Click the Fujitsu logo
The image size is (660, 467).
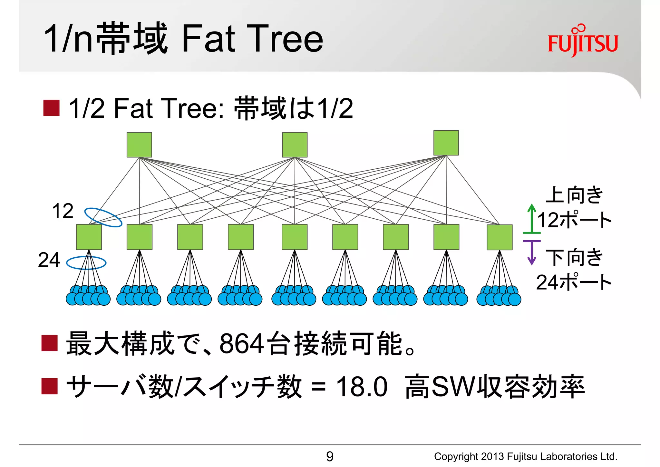coord(583,41)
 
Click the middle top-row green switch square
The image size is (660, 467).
coord(295,145)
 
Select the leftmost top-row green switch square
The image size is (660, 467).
coord(139,145)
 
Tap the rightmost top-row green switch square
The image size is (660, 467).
coord(446,143)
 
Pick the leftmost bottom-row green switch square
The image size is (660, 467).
coord(89,237)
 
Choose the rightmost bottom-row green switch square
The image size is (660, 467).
coord(500,237)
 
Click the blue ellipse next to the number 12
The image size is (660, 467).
coord(103,217)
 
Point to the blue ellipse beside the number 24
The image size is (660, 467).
coord(86,263)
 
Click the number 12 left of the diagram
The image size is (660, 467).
coord(63,211)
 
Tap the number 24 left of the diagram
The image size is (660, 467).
coord(49,260)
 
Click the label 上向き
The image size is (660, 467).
coord(574,195)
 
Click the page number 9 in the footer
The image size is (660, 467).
coord(330,456)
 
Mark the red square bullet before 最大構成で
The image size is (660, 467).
coord(50,343)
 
